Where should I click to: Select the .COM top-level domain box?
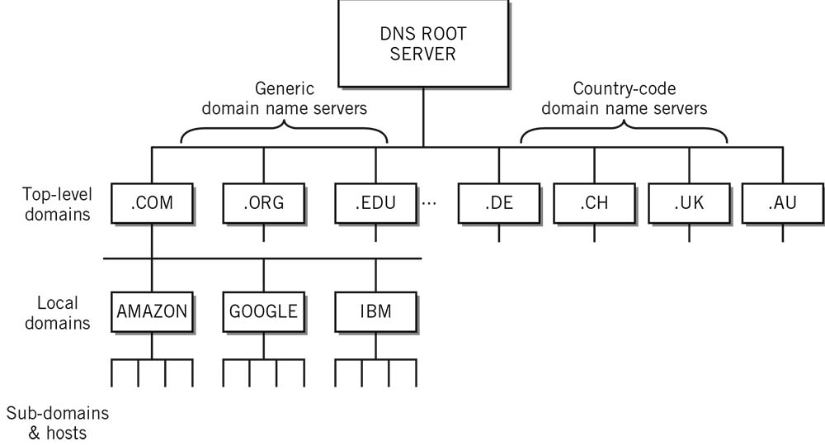click(152, 203)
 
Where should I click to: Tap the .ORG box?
click(264, 203)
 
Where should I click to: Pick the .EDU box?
click(376, 203)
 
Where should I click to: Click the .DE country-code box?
click(498, 203)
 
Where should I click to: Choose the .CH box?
click(594, 203)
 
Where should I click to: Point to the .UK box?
click(689, 203)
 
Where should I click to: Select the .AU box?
click(782, 203)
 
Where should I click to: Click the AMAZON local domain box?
click(152, 311)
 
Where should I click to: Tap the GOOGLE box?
click(264, 311)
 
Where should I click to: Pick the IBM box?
click(376, 311)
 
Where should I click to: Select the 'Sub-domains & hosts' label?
click(58, 422)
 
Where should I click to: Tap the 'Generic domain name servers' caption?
click(285, 97)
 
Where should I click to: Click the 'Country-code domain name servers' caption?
click(625, 97)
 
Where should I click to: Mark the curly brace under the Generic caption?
click(285, 131)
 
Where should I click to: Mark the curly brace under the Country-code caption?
click(625, 131)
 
